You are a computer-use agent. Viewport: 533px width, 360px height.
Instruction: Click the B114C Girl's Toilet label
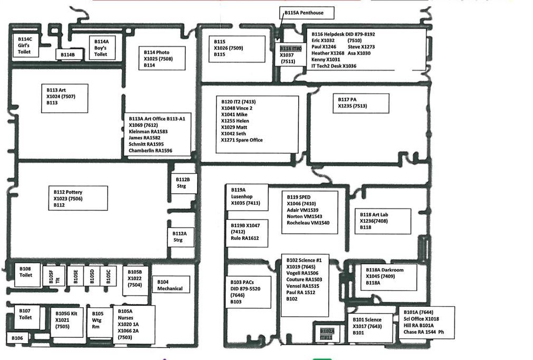(x=25, y=45)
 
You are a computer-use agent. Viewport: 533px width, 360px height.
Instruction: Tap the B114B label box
(x=68, y=54)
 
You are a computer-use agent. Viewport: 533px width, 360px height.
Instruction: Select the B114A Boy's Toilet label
(x=102, y=48)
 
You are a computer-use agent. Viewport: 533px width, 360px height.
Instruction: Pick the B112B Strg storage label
(x=183, y=182)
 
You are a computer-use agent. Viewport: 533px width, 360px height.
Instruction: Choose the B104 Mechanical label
(x=170, y=285)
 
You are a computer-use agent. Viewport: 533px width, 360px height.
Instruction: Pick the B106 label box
(x=17, y=338)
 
